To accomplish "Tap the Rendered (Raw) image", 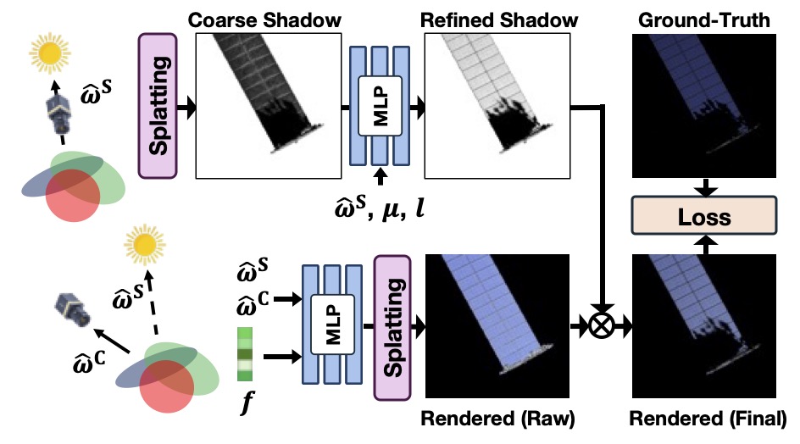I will click(x=493, y=326).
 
